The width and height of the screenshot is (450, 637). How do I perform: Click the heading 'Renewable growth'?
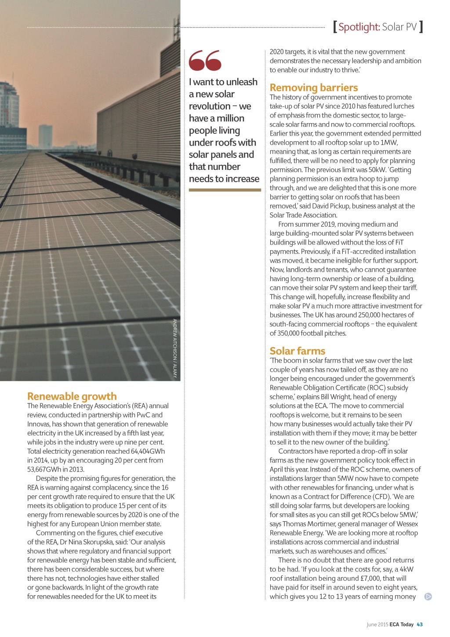72,396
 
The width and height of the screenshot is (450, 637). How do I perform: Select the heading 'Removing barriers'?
314,88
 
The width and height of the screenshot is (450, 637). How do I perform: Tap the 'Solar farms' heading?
298,351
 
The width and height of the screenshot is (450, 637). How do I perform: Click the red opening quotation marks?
205,60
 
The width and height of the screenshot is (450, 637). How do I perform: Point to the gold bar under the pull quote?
225,190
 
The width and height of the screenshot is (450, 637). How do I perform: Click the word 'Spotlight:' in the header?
359,27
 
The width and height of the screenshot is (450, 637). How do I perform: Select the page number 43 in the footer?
420,624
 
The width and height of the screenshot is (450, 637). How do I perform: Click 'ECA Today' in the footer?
401,624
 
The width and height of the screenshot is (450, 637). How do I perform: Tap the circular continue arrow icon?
428,597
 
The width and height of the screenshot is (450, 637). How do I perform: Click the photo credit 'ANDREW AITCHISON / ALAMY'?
174,348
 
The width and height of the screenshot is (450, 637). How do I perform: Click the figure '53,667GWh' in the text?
44,469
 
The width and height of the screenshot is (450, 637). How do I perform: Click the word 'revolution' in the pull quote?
210,106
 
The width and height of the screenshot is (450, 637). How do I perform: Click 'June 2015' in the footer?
377,624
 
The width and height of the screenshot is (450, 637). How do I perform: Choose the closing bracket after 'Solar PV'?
421,27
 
